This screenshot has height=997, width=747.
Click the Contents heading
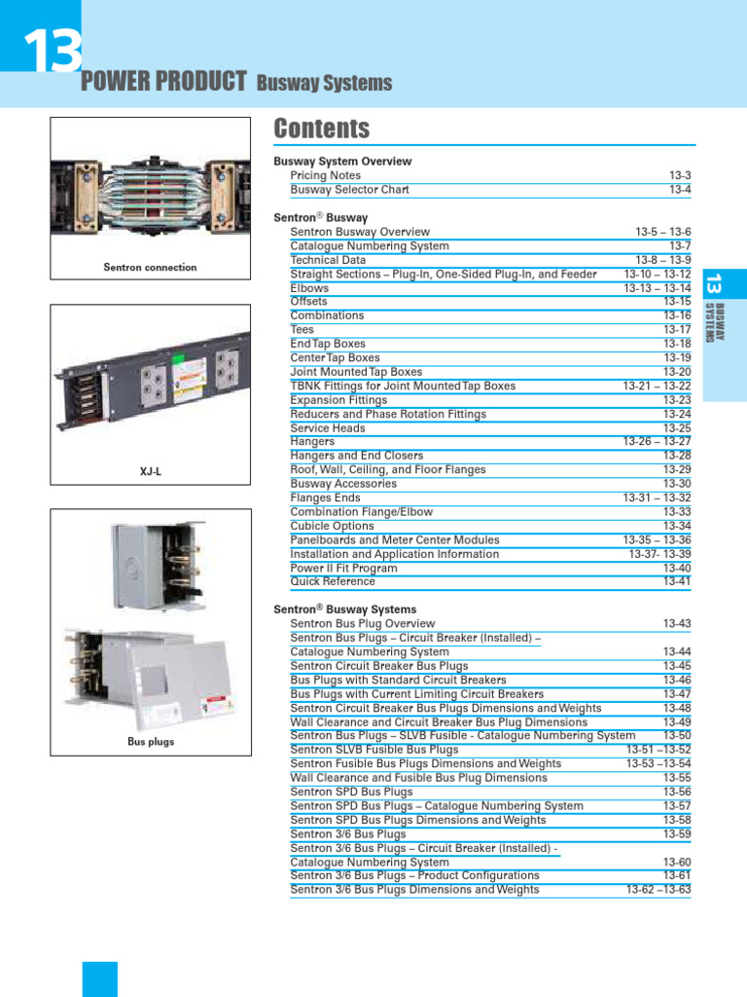click(x=321, y=129)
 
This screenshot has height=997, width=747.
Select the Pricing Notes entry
click(x=325, y=175)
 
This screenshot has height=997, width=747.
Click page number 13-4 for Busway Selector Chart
click(x=679, y=190)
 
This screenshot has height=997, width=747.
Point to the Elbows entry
click(x=309, y=288)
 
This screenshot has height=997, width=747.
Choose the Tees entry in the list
click(x=302, y=330)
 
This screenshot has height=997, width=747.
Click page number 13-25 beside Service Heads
click(x=677, y=428)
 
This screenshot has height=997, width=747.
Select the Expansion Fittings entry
click(x=338, y=400)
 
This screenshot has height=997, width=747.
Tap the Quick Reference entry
click(x=332, y=582)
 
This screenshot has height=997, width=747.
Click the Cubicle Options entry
click(x=332, y=527)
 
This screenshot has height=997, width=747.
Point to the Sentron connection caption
click(x=150, y=268)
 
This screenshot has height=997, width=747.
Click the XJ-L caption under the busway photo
click(x=150, y=472)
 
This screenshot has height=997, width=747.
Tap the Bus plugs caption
click(x=150, y=742)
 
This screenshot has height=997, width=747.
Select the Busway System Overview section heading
click(x=342, y=162)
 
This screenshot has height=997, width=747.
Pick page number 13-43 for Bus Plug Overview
click(x=677, y=624)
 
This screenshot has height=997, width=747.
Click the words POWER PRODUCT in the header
click(x=163, y=83)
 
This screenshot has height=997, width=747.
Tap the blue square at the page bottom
click(x=99, y=979)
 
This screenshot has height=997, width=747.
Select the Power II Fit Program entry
click(x=343, y=569)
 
